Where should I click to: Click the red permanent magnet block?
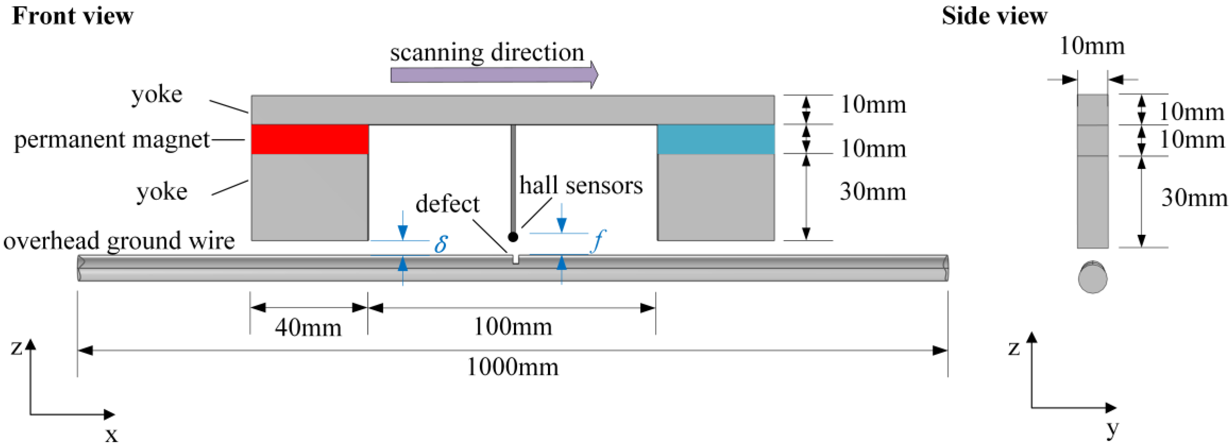pyautogui.click(x=310, y=139)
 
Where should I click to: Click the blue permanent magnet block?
pyautogui.click(x=715, y=139)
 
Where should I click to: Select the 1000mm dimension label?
pyautogui.click(x=512, y=367)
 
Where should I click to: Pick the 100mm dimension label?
pyautogui.click(x=512, y=327)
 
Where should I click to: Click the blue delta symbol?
pyautogui.click(x=441, y=244)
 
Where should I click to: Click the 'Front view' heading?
pyautogui.click(x=73, y=16)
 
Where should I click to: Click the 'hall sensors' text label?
pyautogui.click(x=580, y=185)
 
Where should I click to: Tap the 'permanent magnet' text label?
pyautogui.click(x=111, y=139)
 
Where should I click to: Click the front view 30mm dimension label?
pyautogui.click(x=872, y=192)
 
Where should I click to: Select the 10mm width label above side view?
pyautogui.click(x=1092, y=46)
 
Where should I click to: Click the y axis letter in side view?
pyautogui.click(x=1112, y=428)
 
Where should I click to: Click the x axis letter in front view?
pyautogui.click(x=111, y=435)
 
